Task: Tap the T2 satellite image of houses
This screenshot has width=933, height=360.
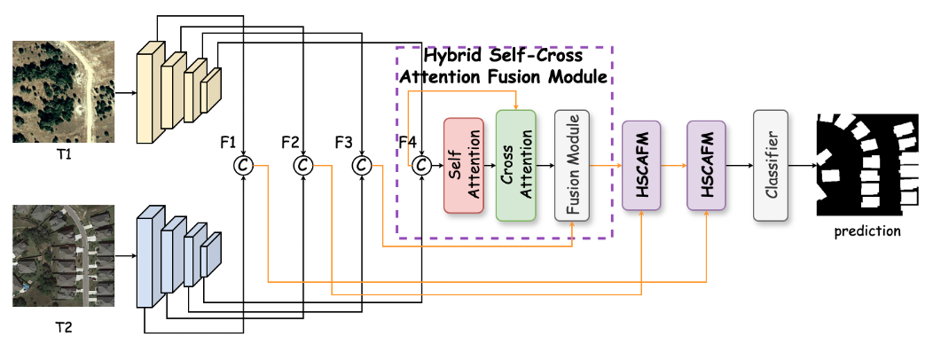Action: coord(64,256)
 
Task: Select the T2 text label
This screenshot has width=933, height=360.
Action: coord(64,328)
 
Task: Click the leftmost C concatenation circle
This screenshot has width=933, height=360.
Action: coord(243,165)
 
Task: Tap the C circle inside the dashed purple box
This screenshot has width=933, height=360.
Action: coord(421,165)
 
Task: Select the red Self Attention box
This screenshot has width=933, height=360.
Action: coord(463,165)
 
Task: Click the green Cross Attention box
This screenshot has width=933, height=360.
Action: coord(515,165)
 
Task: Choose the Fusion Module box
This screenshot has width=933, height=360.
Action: coord(572,165)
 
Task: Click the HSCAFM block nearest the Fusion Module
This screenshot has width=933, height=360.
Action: coord(641,165)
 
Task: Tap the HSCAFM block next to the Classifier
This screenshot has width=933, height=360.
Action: coord(707,165)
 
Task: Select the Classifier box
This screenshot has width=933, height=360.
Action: coord(771,165)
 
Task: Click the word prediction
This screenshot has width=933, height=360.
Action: coord(867,231)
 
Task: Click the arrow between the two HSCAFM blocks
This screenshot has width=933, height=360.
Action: coord(674,165)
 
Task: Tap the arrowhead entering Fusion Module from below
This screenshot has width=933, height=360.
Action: coord(572,225)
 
